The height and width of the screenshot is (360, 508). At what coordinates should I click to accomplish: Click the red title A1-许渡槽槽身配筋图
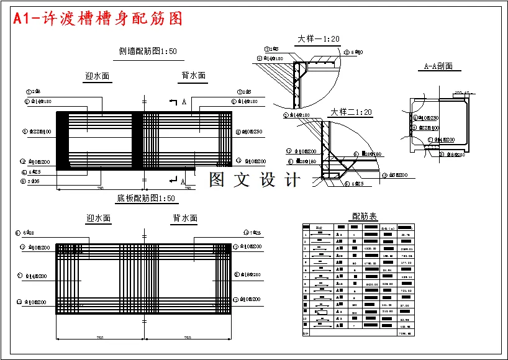[98, 19]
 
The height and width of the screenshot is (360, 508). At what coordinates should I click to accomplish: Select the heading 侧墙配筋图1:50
[148, 52]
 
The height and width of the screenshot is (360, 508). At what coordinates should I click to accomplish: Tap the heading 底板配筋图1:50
[146, 199]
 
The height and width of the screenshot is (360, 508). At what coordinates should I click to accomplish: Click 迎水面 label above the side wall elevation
[98, 77]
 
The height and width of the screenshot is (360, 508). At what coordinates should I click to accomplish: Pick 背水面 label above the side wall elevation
[193, 76]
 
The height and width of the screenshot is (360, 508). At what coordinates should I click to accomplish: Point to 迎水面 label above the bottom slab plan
[98, 218]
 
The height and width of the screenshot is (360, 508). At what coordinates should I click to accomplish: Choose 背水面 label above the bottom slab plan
[184, 218]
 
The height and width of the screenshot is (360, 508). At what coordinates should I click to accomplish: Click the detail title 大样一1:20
[319, 39]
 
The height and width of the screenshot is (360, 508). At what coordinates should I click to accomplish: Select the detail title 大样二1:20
[350, 112]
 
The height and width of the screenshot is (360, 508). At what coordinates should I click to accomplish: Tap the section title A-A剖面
[438, 66]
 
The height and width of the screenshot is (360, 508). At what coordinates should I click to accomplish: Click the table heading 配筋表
[364, 216]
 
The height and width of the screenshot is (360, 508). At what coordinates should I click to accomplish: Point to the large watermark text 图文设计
[255, 180]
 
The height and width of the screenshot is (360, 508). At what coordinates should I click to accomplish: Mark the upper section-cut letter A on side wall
[184, 101]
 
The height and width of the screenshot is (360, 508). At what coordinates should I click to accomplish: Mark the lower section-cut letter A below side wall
[183, 182]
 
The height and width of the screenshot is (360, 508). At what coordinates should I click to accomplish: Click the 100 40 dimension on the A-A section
[461, 92]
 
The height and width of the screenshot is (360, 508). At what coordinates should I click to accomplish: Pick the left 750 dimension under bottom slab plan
[99, 338]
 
